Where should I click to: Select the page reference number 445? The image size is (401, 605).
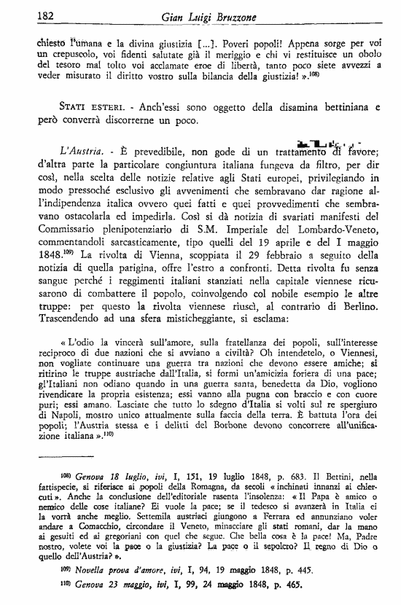pos(287,566)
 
